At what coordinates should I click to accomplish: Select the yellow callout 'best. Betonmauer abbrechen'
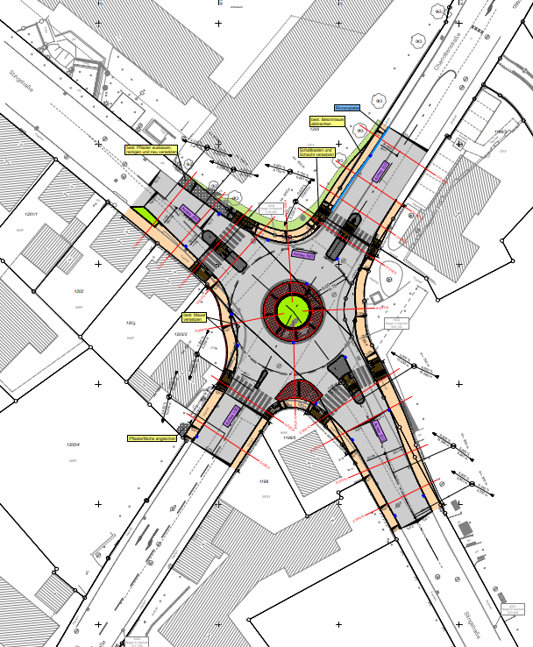point(325,124)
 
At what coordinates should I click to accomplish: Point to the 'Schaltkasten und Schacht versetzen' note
point(312,152)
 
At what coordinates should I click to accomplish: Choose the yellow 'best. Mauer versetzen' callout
point(193,316)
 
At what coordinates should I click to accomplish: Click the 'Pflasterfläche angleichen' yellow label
point(153,437)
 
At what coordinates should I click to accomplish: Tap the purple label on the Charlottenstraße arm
point(380,171)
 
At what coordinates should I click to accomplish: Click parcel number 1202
point(78,291)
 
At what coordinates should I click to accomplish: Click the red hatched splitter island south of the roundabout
point(300,392)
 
